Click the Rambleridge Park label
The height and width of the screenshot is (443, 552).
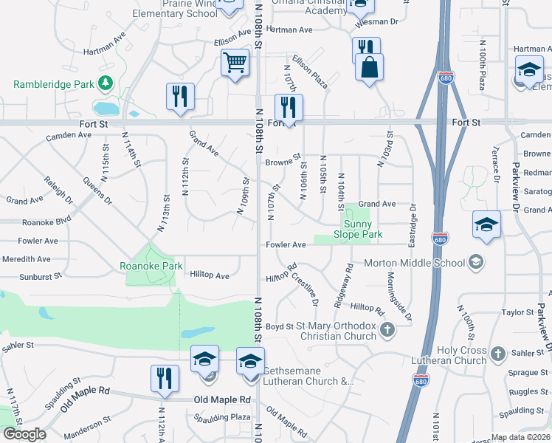(53, 83)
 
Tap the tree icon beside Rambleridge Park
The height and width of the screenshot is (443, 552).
(106, 82)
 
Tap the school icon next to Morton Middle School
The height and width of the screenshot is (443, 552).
(477, 262)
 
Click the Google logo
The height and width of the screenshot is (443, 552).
(24, 434)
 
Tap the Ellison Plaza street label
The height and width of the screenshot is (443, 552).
(310, 71)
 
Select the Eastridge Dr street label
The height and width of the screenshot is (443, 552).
(413, 224)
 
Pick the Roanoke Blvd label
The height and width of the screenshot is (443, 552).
(46, 221)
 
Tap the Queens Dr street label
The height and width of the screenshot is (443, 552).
(97, 190)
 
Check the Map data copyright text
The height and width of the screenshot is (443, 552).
(520, 437)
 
